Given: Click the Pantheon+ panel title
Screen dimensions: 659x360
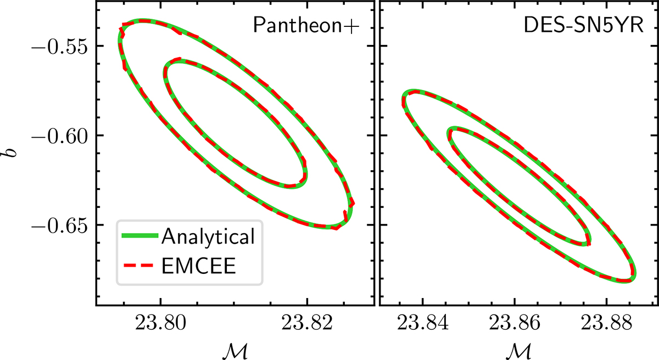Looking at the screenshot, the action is (306, 26).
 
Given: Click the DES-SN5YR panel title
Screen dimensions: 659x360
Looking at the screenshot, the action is (583, 25).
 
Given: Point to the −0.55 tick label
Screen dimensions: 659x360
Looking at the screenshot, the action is (59, 47).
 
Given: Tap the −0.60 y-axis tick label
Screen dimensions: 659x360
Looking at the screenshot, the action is (59, 136).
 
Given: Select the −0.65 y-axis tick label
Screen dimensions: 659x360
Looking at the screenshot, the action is (59, 226).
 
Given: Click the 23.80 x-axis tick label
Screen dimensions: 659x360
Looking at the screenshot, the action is (160, 322).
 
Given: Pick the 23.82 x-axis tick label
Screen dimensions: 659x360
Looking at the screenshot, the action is (307, 322).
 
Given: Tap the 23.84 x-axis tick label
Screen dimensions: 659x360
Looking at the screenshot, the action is (423, 322).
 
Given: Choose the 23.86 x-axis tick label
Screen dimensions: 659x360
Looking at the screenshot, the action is (515, 322).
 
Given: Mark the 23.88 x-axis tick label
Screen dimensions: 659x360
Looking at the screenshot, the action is (606, 322).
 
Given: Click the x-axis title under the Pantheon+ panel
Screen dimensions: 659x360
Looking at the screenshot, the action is (235, 351).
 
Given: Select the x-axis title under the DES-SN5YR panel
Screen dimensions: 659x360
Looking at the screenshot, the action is (518, 351).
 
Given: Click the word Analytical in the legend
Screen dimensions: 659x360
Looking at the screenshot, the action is (208, 237).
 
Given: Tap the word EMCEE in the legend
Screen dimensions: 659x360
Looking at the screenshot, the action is (199, 266).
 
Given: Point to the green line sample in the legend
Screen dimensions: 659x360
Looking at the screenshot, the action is (140, 235).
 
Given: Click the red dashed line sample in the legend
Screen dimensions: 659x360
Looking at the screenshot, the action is (138, 266).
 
